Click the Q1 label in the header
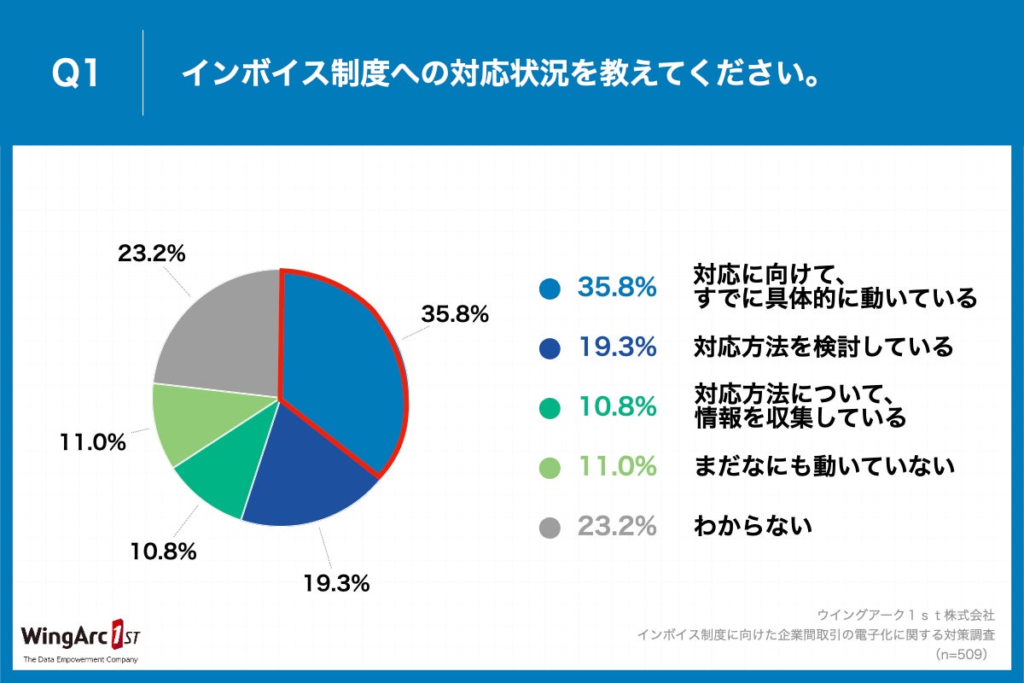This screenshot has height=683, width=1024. pyautogui.click(x=76, y=74)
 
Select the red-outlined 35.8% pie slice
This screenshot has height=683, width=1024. pyautogui.click(x=341, y=367)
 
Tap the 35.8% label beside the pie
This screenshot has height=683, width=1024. pyautogui.click(x=455, y=314)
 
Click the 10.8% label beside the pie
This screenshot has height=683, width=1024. pyautogui.click(x=163, y=551)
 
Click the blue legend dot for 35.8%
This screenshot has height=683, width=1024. pyautogui.click(x=550, y=289)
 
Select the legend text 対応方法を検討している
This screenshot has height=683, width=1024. pyautogui.click(x=823, y=347)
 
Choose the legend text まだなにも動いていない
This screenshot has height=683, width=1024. pyautogui.click(x=823, y=466)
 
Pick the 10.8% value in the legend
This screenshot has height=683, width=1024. pyautogui.click(x=617, y=407)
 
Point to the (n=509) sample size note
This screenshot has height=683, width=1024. pyautogui.click(x=961, y=655)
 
